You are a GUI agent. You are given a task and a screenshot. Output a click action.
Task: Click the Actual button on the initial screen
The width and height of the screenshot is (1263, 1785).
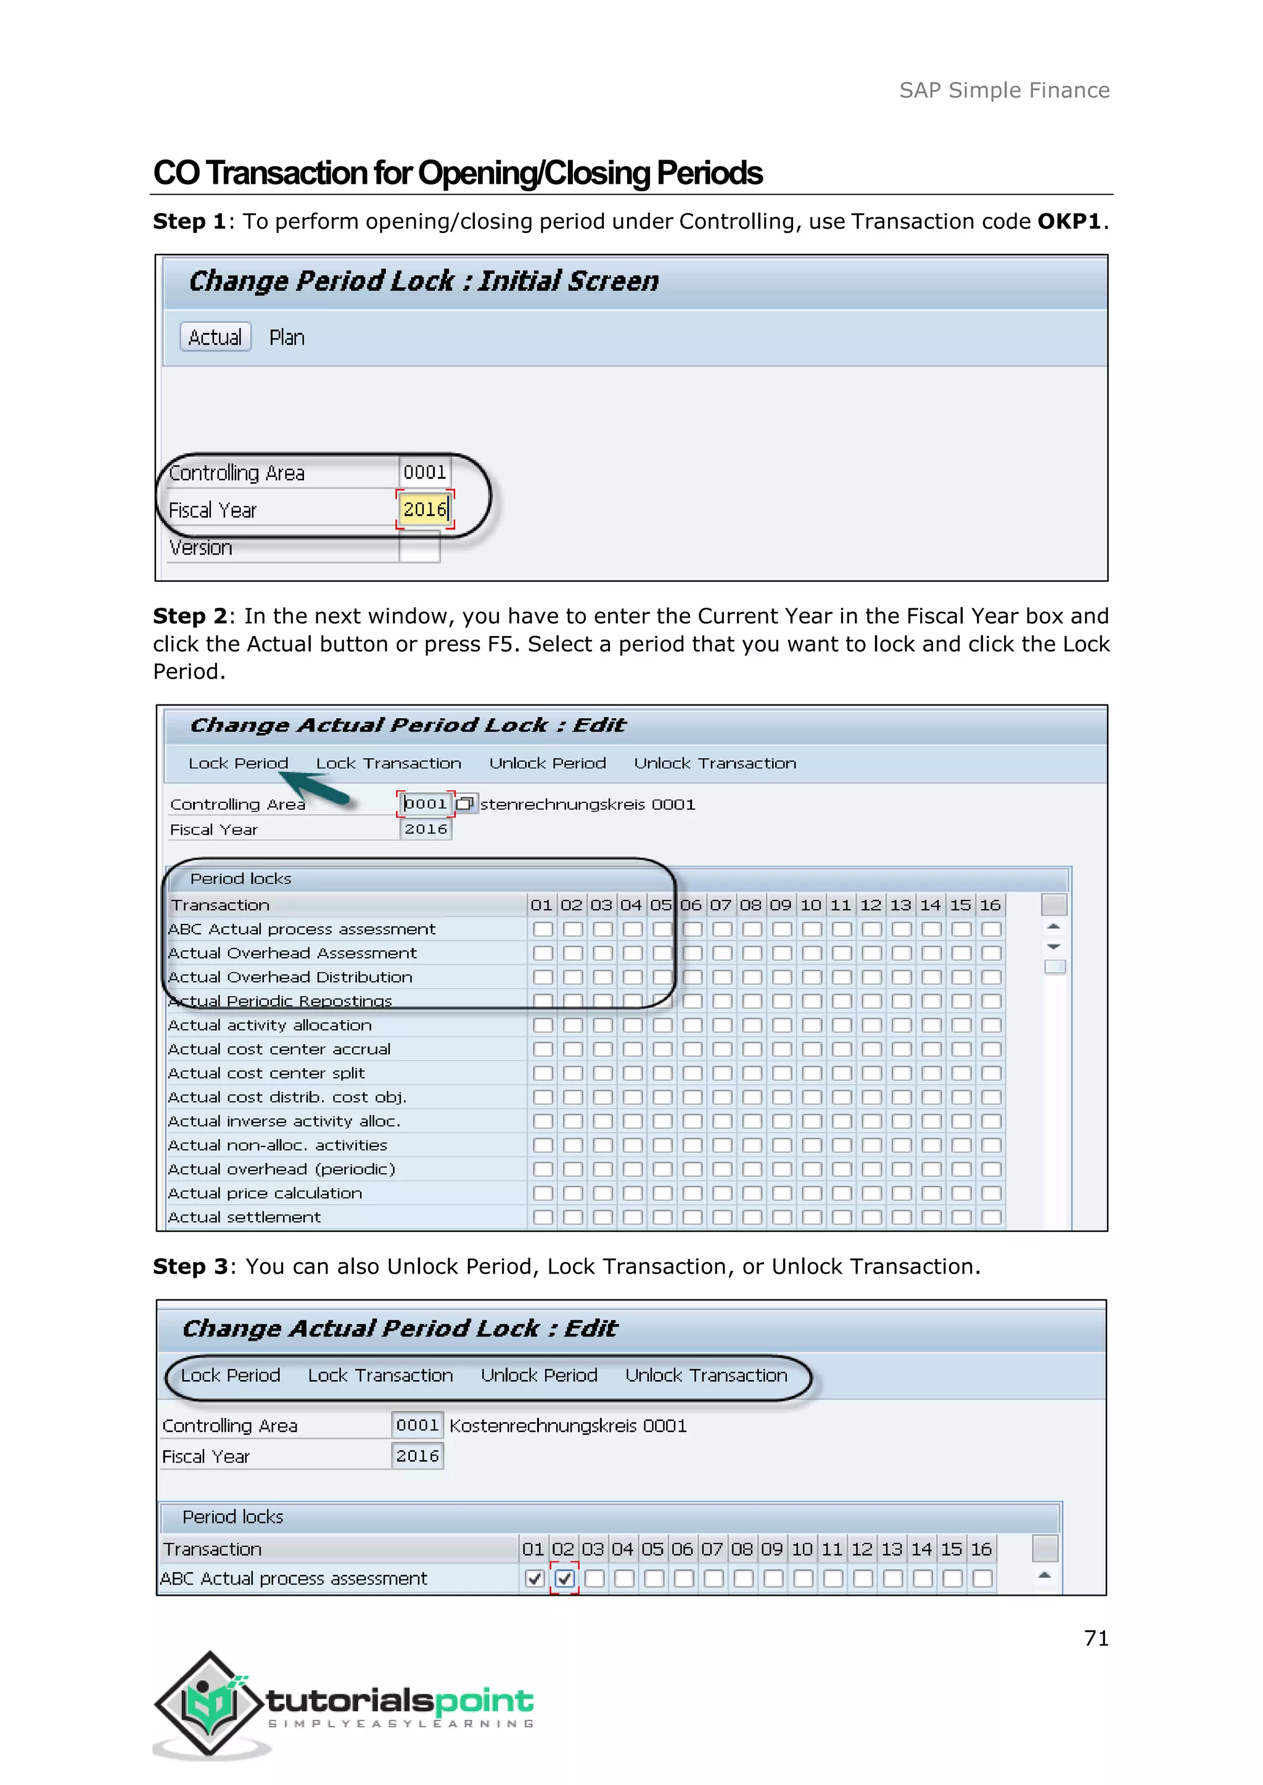(215, 337)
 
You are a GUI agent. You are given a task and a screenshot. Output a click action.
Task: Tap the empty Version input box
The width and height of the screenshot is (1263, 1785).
(419, 549)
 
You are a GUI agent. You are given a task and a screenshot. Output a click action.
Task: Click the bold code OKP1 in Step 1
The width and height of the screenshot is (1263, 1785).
(1069, 221)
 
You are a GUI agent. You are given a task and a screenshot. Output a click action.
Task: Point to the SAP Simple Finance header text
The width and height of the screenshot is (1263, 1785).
(1004, 90)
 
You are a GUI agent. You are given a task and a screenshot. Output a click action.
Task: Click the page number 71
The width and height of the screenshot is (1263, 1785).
(1096, 1638)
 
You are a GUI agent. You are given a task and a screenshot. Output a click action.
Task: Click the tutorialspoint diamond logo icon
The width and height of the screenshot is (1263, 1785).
(208, 1704)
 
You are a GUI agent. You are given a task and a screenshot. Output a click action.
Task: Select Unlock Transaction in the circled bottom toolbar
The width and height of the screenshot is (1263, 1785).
(706, 1375)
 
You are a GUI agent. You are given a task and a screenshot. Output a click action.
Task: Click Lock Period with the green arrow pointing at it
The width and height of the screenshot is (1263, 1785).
(238, 764)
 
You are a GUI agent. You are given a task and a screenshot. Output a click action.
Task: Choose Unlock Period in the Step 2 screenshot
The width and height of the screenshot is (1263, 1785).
(548, 764)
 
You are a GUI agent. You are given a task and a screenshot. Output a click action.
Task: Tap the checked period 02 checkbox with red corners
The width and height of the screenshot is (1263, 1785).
(565, 1578)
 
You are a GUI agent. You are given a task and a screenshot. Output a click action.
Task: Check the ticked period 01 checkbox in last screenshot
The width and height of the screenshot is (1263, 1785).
(534, 1578)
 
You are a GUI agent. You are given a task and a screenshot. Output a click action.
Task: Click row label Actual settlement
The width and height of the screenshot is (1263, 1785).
(244, 1217)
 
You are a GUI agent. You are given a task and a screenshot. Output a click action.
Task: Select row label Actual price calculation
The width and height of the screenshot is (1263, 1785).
(265, 1193)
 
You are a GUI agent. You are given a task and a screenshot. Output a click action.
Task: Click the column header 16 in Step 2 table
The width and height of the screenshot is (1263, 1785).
(990, 905)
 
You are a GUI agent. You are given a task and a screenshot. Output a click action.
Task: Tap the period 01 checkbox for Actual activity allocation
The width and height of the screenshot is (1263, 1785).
(543, 1026)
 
